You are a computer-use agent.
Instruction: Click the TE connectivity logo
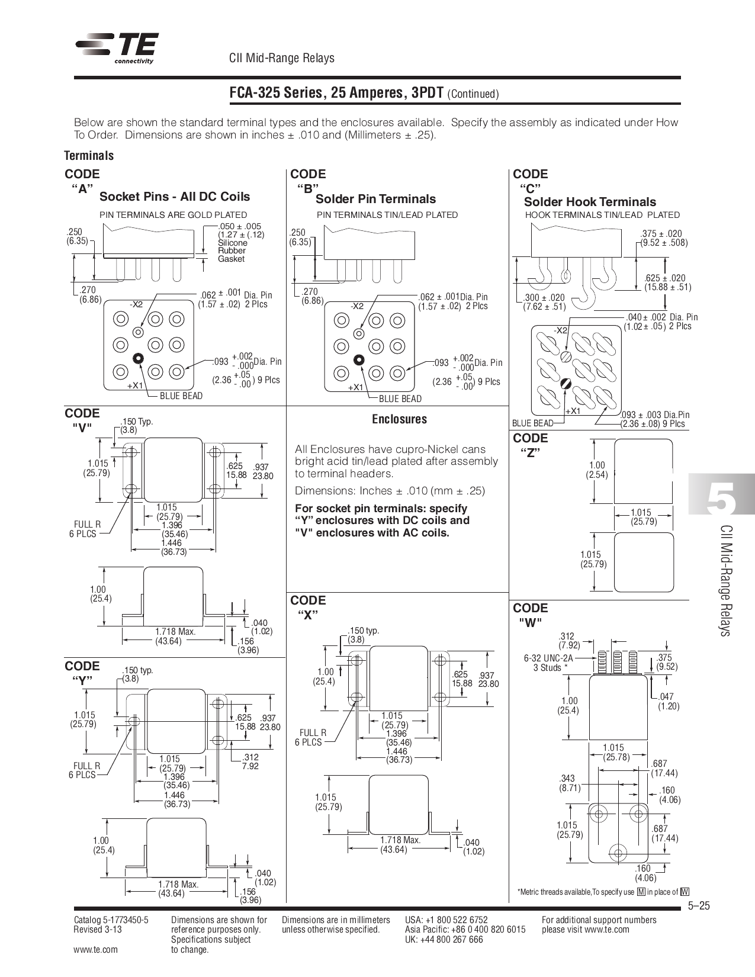(117, 47)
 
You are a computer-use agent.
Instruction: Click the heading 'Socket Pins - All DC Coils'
(175, 197)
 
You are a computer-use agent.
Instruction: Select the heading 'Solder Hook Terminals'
(590, 202)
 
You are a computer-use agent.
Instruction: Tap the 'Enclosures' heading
(399, 419)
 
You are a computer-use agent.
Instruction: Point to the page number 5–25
(699, 907)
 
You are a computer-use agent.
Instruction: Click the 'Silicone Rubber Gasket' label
(232, 251)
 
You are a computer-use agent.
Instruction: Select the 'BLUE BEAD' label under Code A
(181, 396)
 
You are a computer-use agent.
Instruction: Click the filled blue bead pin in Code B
(358, 360)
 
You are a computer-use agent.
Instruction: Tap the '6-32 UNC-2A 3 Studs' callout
(549, 663)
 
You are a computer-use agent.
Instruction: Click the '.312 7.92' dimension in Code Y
(250, 761)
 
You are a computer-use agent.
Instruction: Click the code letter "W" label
(530, 622)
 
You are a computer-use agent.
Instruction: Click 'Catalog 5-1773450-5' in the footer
(111, 920)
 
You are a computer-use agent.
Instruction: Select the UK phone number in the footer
(444, 940)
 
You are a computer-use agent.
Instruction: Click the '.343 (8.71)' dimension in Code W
(570, 783)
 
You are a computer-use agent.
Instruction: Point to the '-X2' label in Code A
(136, 304)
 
